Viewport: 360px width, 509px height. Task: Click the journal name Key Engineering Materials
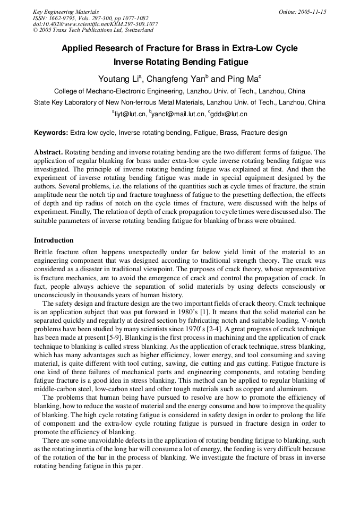click(66, 12)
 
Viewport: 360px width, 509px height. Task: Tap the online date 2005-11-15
click(310, 12)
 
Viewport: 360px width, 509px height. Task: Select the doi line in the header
click(95, 24)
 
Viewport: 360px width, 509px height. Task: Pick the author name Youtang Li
click(119, 79)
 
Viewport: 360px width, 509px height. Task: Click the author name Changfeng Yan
click(175, 79)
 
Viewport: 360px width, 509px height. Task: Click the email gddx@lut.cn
click(229, 114)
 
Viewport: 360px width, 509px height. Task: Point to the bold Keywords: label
click(51, 133)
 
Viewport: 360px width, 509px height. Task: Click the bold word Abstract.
click(49, 152)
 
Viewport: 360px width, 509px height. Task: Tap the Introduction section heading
click(54, 240)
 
